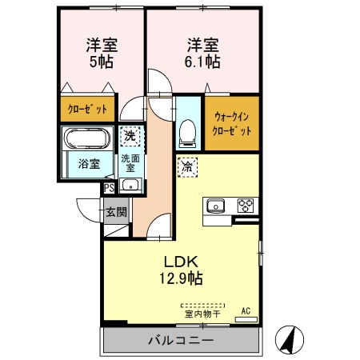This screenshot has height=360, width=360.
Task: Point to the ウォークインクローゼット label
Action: tap(232, 122)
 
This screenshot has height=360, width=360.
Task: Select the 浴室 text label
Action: tap(89, 165)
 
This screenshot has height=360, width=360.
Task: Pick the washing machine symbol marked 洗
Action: tap(130, 137)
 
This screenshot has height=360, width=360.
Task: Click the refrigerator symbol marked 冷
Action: tap(185, 168)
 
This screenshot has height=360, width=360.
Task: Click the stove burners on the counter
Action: tap(245, 205)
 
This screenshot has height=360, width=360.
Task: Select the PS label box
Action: tap(109, 189)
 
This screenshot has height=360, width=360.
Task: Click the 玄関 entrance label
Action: tap(117, 212)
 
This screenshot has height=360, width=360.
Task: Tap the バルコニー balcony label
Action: tap(180, 341)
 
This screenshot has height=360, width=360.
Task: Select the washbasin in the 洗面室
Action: tap(132, 186)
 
